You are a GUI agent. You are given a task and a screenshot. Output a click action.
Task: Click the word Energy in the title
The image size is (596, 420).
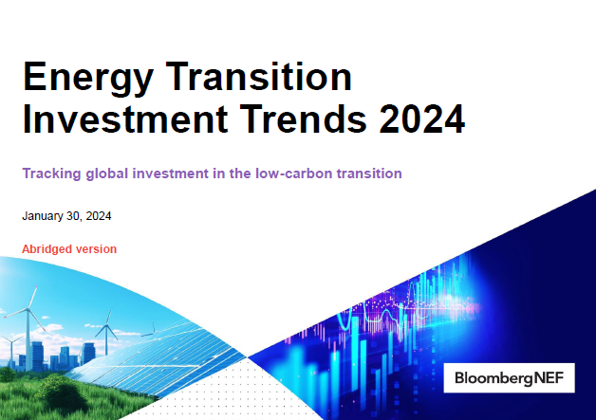point(88,78)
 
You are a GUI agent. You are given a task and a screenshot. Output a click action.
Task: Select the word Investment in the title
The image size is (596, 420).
point(125,119)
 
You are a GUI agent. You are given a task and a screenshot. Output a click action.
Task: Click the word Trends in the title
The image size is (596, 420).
point(304,119)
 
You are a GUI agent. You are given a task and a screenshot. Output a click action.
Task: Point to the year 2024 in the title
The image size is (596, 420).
point(422,119)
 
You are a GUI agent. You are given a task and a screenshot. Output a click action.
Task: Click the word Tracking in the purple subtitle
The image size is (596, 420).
point(51,173)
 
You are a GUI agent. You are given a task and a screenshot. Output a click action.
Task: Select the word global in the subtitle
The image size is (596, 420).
point(107,173)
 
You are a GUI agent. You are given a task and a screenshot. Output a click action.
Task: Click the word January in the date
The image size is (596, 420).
point(43,216)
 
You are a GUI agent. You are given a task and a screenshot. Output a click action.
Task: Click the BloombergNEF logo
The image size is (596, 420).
point(509,378)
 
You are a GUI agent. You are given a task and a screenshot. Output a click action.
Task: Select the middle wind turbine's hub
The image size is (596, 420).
point(107,325)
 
